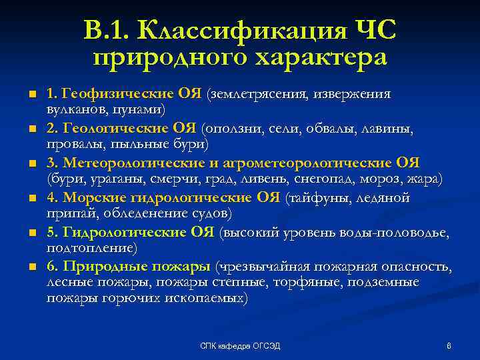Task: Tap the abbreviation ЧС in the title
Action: click(x=373, y=31)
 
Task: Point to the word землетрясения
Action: click(x=257, y=93)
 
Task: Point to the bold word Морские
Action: click(x=91, y=197)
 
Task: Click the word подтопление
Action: click(x=91, y=248)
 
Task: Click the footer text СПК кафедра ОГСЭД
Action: click(x=241, y=345)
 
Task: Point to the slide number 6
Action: click(x=449, y=345)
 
